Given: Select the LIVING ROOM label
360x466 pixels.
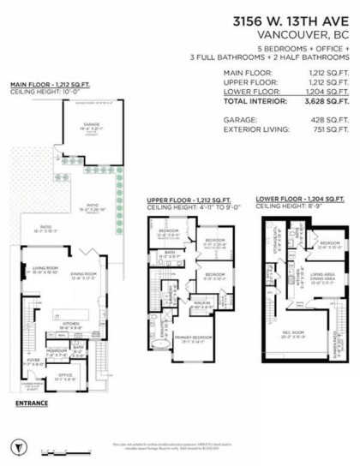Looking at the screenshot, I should pyautogui.click(x=45, y=270).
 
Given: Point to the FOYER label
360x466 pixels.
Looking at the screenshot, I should pyautogui.click(x=31, y=361).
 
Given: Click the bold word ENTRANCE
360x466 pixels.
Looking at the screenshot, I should pyautogui.click(x=31, y=403).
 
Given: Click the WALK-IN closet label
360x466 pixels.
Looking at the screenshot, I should pyautogui.click(x=203, y=302).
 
